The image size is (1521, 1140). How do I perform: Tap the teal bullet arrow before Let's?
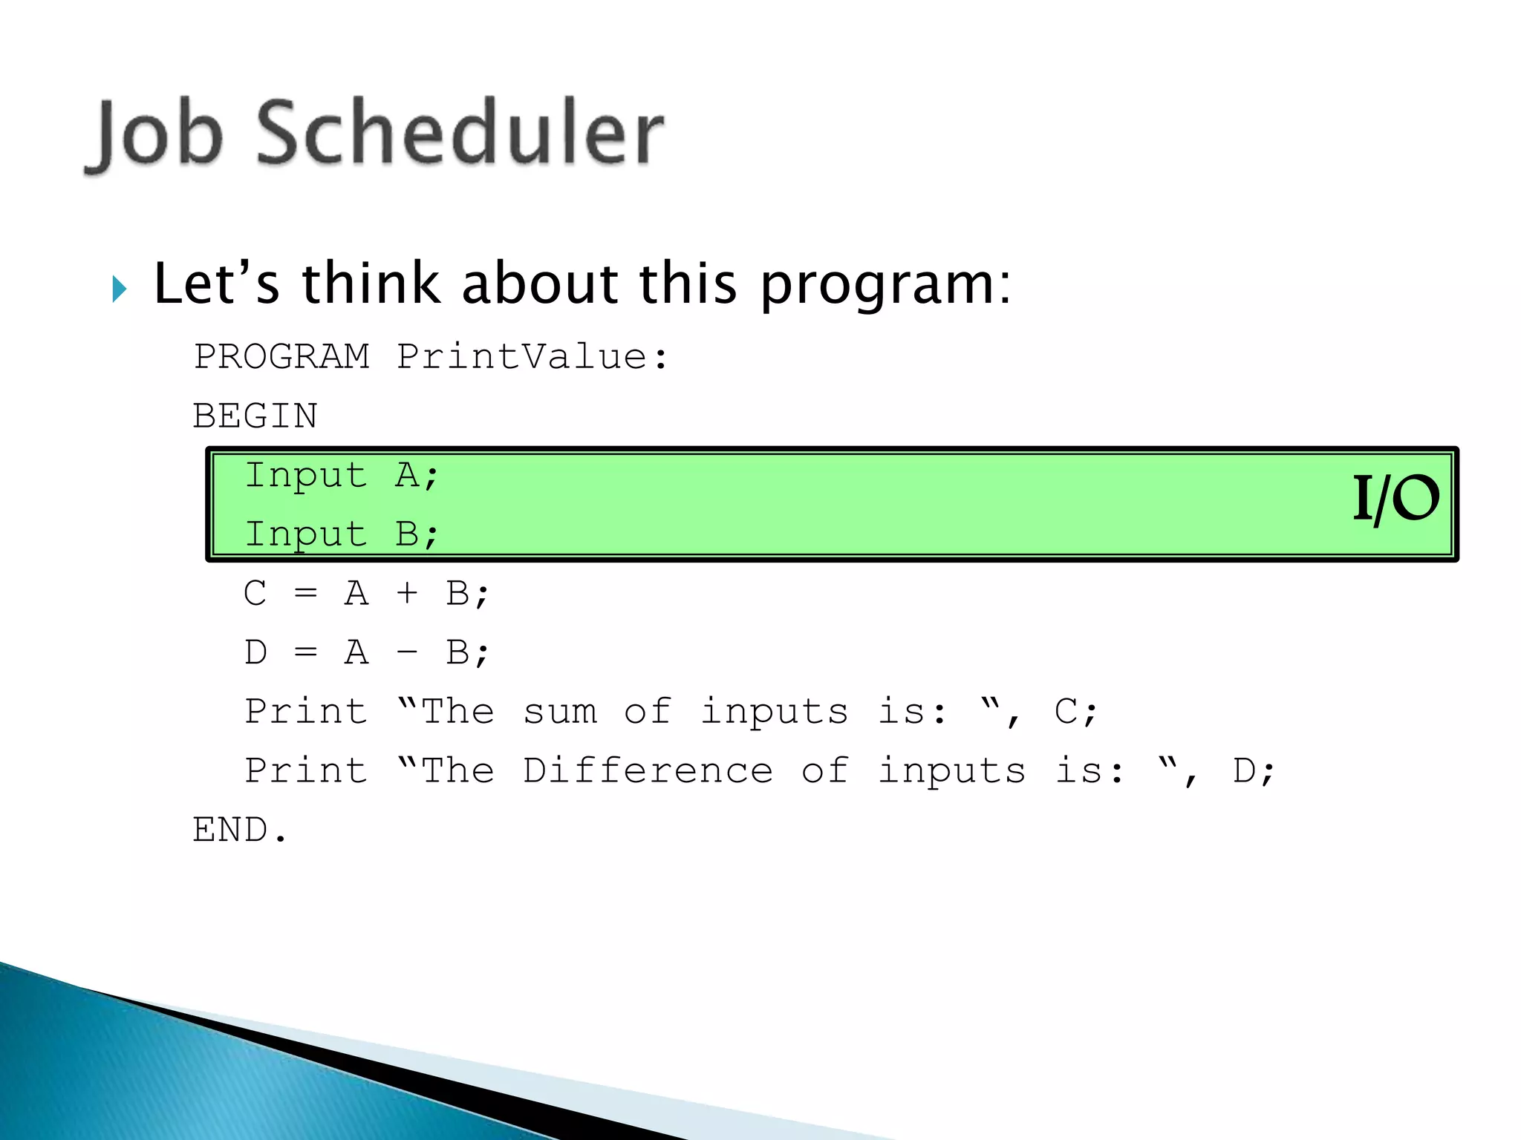coord(120,288)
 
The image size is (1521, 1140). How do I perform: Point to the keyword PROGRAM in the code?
coord(281,357)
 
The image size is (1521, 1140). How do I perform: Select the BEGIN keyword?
coord(255,416)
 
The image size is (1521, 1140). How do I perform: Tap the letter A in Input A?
coord(407,475)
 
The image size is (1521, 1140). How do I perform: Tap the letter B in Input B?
coord(407,534)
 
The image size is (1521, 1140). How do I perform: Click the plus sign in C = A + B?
coord(407,594)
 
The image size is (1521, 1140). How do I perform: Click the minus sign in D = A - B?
coord(407,653)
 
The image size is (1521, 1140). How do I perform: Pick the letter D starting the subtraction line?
coord(255,653)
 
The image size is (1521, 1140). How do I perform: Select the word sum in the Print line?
coord(560,712)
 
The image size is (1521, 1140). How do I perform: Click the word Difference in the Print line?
coord(648,771)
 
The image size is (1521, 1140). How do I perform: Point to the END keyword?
coord(230,830)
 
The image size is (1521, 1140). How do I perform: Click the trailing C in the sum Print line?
coord(1066,712)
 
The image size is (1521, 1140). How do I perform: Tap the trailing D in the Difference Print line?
coord(1244,771)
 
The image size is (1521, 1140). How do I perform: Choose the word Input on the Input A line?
coord(306,476)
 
